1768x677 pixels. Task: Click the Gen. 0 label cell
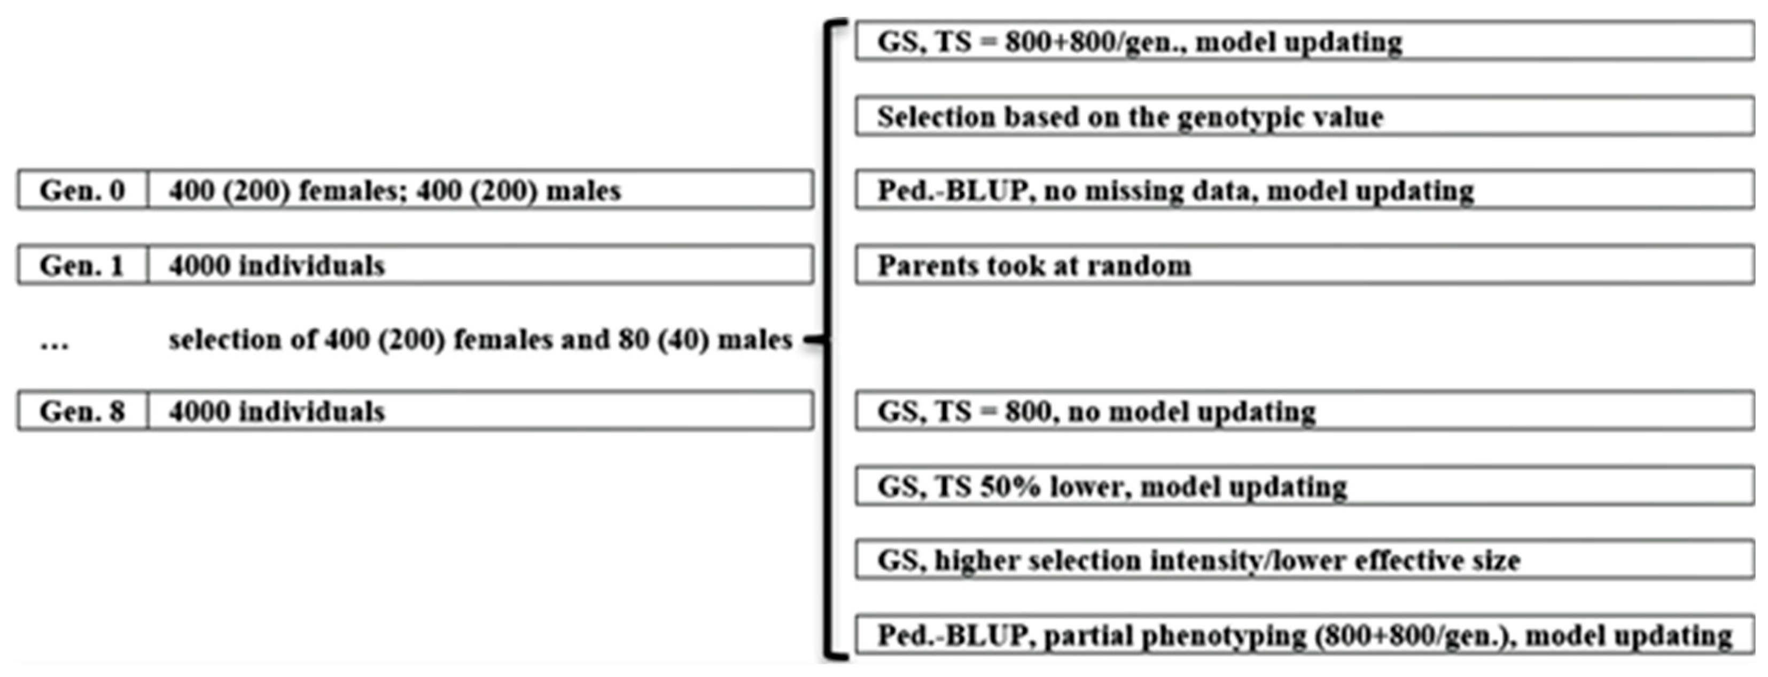click(82, 190)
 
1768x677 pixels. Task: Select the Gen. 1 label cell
click(82, 265)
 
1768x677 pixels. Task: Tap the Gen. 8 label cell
click(82, 411)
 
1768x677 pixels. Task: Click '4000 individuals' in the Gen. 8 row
click(277, 411)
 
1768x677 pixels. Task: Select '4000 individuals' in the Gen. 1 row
click(277, 265)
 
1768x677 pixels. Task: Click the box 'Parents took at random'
click(1304, 265)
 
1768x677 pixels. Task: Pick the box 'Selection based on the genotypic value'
click(1304, 117)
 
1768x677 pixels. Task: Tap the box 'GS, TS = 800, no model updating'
click(1304, 411)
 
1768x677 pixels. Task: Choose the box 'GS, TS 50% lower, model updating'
click(1304, 486)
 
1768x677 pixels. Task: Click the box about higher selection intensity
click(1304, 560)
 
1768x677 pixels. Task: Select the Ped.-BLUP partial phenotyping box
click(1304, 635)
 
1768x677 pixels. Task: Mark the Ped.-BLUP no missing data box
click(1304, 190)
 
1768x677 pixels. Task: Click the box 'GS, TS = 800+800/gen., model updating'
click(1304, 42)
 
